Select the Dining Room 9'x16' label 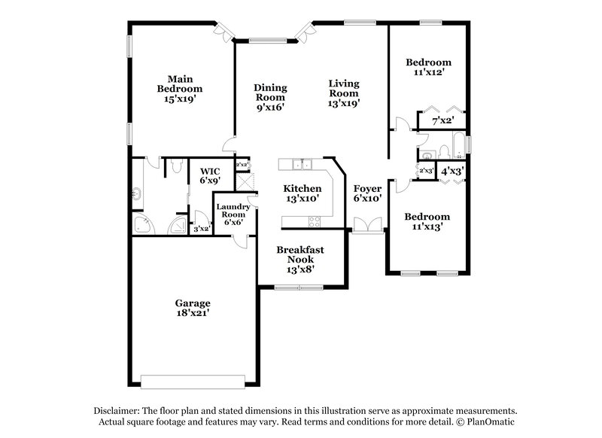(270, 97)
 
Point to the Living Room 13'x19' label (344, 93)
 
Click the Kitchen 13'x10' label (302, 193)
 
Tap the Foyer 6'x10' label (367, 193)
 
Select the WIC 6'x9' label (208, 175)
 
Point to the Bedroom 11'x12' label (427, 68)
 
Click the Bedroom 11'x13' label (427, 222)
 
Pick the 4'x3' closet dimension (451, 171)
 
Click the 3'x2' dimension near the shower (201, 229)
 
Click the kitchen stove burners (315, 221)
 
